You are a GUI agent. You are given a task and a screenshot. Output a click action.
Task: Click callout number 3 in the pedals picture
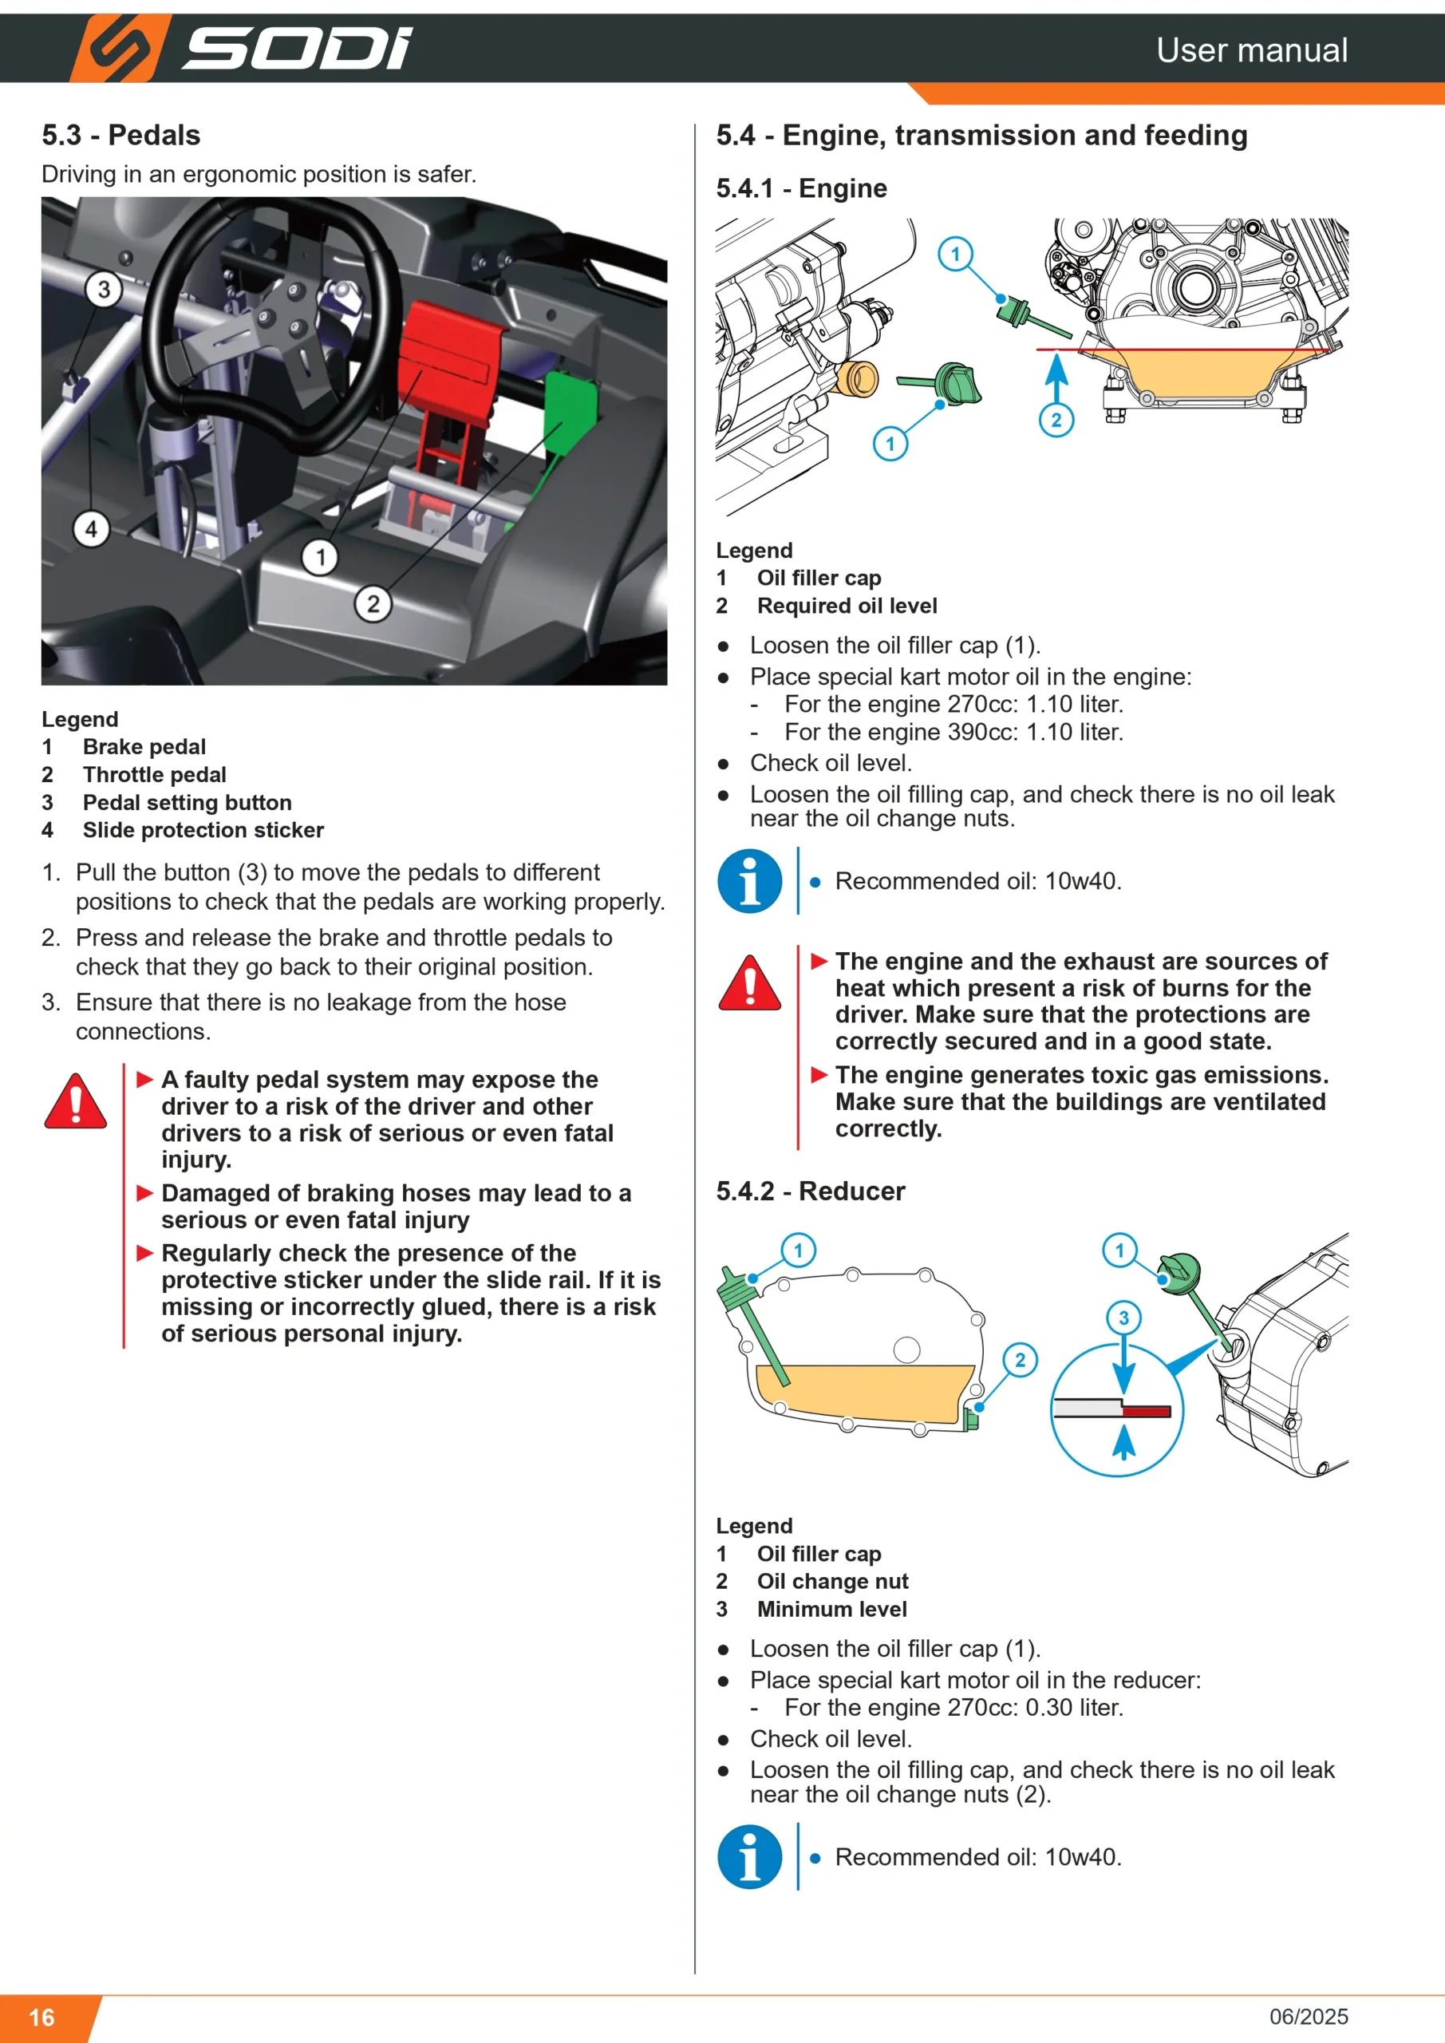click(104, 289)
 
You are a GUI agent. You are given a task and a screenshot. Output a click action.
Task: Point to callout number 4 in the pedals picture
click(91, 529)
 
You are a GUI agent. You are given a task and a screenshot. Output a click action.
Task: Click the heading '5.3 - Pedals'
click(121, 135)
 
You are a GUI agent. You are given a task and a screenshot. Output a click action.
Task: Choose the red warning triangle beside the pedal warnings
click(76, 1101)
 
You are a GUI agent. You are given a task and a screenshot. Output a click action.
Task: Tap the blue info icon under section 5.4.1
click(750, 881)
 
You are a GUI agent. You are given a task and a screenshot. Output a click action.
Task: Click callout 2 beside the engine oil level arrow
click(1056, 420)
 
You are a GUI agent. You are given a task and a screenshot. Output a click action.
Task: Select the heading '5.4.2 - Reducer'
click(811, 1191)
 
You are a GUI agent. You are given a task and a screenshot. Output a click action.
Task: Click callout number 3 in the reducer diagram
click(1123, 1318)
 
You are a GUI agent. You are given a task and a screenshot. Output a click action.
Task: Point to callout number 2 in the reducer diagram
click(1021, 1360)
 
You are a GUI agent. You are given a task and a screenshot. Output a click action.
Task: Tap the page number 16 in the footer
click(41, 2017)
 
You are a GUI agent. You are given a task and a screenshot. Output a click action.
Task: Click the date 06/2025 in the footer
click(1309, 2017)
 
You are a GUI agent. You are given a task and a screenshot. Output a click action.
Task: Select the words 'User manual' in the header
click(1252, 49)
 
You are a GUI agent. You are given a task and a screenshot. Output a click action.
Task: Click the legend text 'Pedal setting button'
click(187, 803)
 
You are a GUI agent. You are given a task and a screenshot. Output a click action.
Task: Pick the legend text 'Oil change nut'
click(833, 1581)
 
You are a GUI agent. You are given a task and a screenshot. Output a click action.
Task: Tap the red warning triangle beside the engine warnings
click(750, 983)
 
